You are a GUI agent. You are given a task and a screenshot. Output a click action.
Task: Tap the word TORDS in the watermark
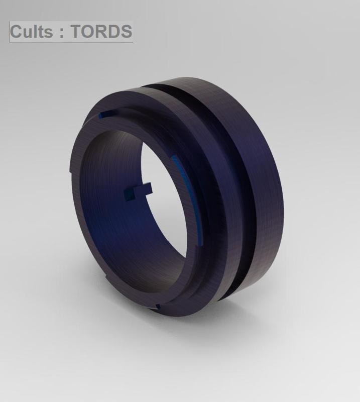101,32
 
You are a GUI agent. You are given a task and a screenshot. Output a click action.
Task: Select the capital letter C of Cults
17,32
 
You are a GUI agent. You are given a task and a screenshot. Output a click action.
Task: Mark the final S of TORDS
125,32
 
